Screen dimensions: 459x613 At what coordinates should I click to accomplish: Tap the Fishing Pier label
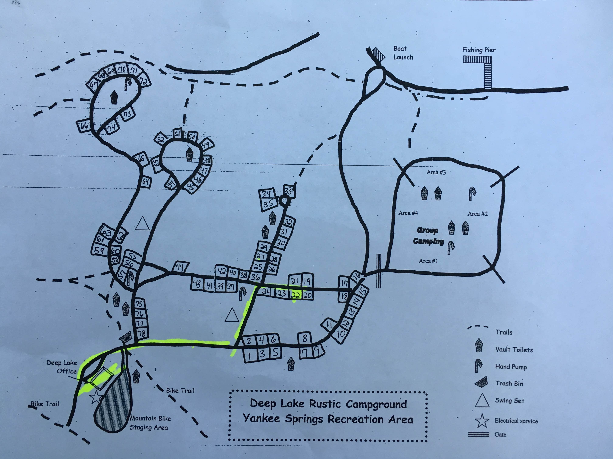point(479,50)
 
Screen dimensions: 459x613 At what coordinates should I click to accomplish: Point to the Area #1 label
point(428,261)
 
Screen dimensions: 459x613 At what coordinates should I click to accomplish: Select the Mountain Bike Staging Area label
point(150,423)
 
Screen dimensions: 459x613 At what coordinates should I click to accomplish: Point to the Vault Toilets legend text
point(514,350)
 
